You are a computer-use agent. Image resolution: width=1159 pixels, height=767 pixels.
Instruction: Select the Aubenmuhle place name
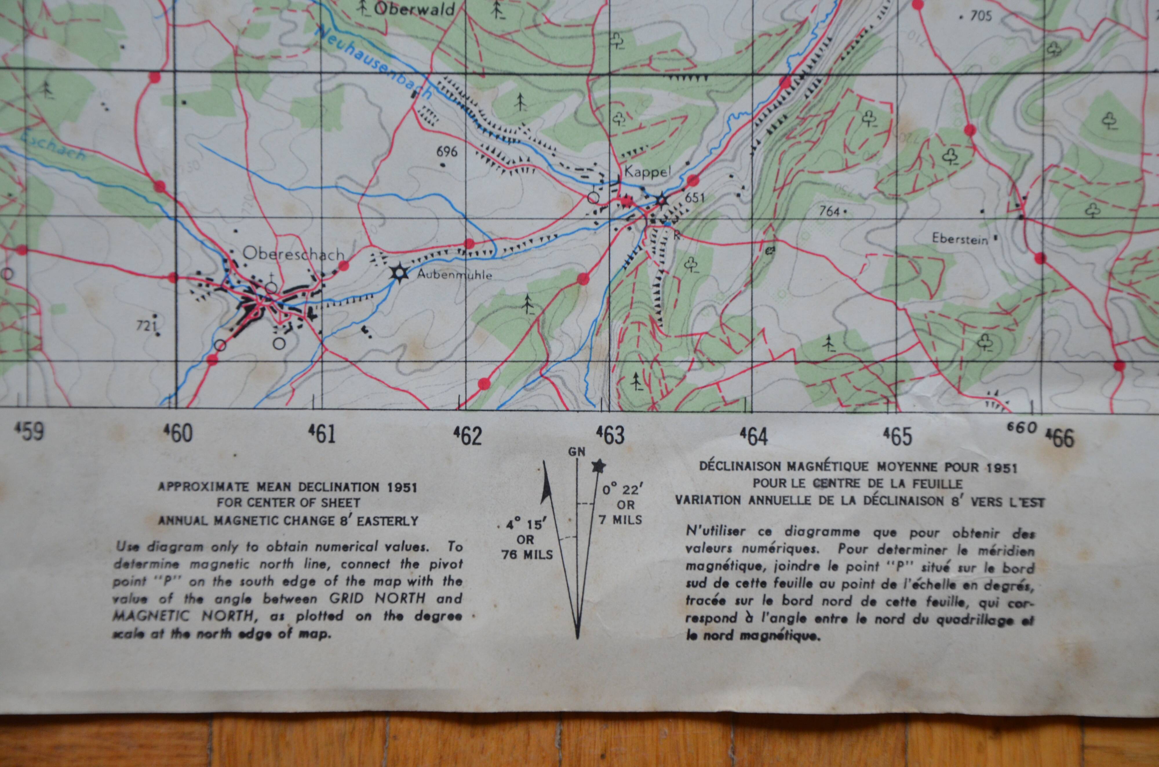(454, 275)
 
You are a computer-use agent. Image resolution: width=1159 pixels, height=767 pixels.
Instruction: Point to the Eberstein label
(960, 239)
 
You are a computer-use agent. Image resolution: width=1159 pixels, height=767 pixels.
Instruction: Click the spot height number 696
(447, 152)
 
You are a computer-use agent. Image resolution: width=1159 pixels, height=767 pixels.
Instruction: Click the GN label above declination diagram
(577, 452)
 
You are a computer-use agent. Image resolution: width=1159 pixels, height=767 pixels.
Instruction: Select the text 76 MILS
(527, 555)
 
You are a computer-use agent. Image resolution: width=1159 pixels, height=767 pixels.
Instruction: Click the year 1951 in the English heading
(401, 487)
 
